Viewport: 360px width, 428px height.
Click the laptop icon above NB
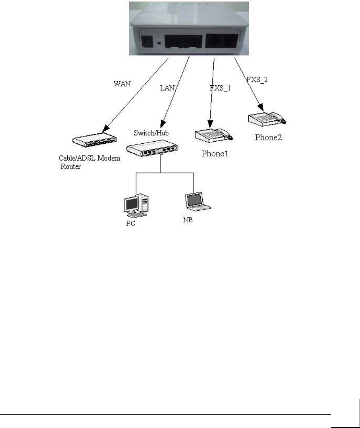198,201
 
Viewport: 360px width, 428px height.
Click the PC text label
131,224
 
